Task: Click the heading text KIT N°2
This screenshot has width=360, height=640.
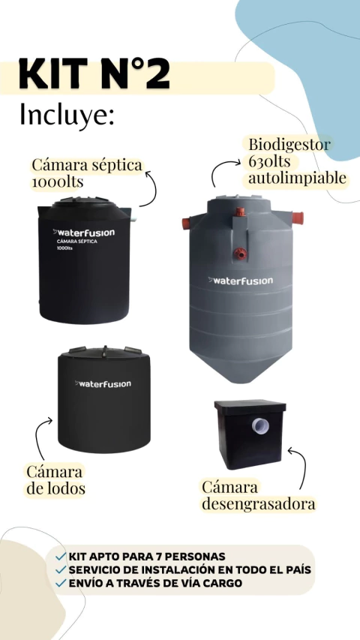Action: point(94,74)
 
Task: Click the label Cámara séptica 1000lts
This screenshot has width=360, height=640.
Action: point(87,173)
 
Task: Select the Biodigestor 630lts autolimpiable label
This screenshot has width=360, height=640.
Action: point(298,161)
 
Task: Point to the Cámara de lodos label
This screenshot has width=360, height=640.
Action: point(55,479)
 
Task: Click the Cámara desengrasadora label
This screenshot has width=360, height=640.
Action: point(258,495)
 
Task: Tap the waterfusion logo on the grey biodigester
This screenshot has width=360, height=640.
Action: point(241,281)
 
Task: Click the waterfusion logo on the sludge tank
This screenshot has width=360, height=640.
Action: point(103,383)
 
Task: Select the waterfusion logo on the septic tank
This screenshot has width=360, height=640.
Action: point(84,233)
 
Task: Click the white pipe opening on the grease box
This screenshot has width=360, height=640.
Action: point(260,426)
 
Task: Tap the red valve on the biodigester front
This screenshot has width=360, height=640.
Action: point(241,254)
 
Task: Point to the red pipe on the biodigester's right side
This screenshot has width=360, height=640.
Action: point(298,218)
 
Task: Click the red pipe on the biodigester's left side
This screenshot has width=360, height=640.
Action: point(187,224)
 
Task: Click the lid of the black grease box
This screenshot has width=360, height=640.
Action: point(250,407)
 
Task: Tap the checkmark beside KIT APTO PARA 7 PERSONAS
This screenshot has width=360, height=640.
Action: point(61,556)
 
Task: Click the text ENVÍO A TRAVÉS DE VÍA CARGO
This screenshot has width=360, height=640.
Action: point(155,583)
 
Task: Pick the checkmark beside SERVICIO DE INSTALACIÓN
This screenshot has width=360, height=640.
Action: point(61,569)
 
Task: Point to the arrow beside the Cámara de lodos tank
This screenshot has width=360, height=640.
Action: point(38,436)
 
